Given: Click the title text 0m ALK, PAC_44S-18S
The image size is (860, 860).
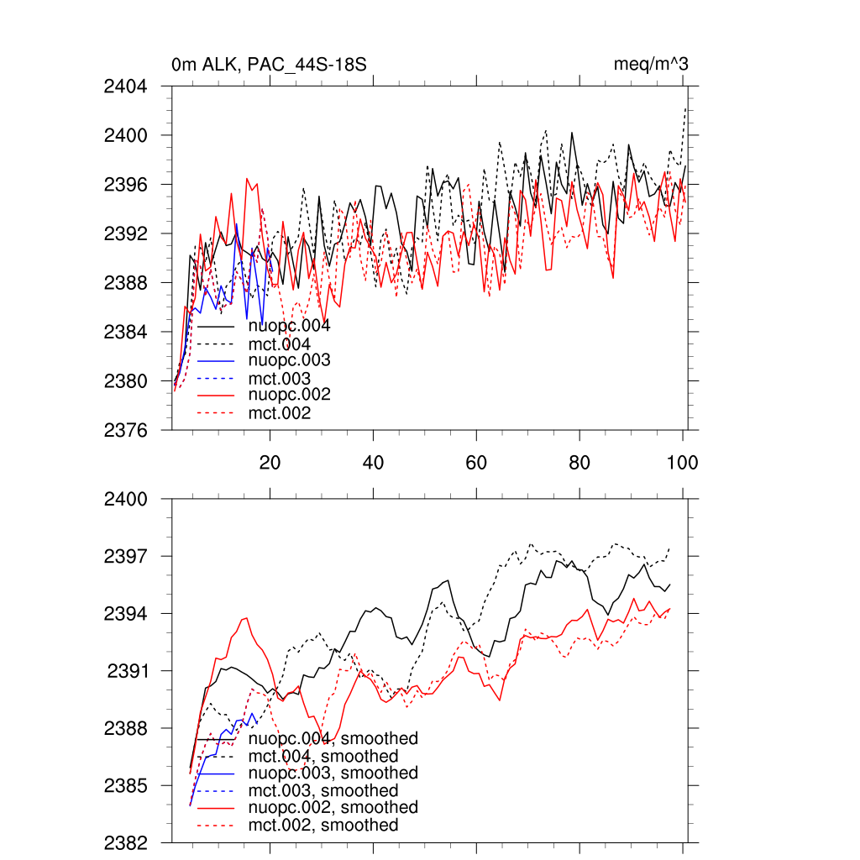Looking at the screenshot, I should coord(269,65).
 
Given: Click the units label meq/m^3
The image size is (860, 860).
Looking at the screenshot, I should coord(652,65).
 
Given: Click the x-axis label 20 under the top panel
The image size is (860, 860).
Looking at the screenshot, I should coord(270,462).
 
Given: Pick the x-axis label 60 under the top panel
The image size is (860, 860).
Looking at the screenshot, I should coord(476,462).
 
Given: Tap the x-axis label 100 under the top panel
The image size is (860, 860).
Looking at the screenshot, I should coord(682,462).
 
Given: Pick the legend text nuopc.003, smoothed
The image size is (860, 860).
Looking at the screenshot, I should coord(333,773).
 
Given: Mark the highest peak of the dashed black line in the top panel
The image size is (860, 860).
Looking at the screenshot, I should coord(686,109).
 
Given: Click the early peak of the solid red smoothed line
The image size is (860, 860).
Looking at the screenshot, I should coord(246,618).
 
